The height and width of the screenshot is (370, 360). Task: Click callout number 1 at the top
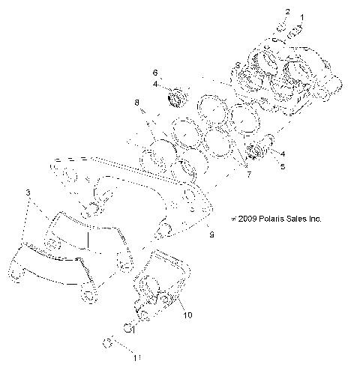point(303,16)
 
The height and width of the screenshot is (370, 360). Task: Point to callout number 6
point(155,73)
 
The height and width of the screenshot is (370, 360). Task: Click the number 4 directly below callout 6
point(155,84)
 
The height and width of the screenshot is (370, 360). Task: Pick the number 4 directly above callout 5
point(281,154)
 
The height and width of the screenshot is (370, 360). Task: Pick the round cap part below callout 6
point(178,96)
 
